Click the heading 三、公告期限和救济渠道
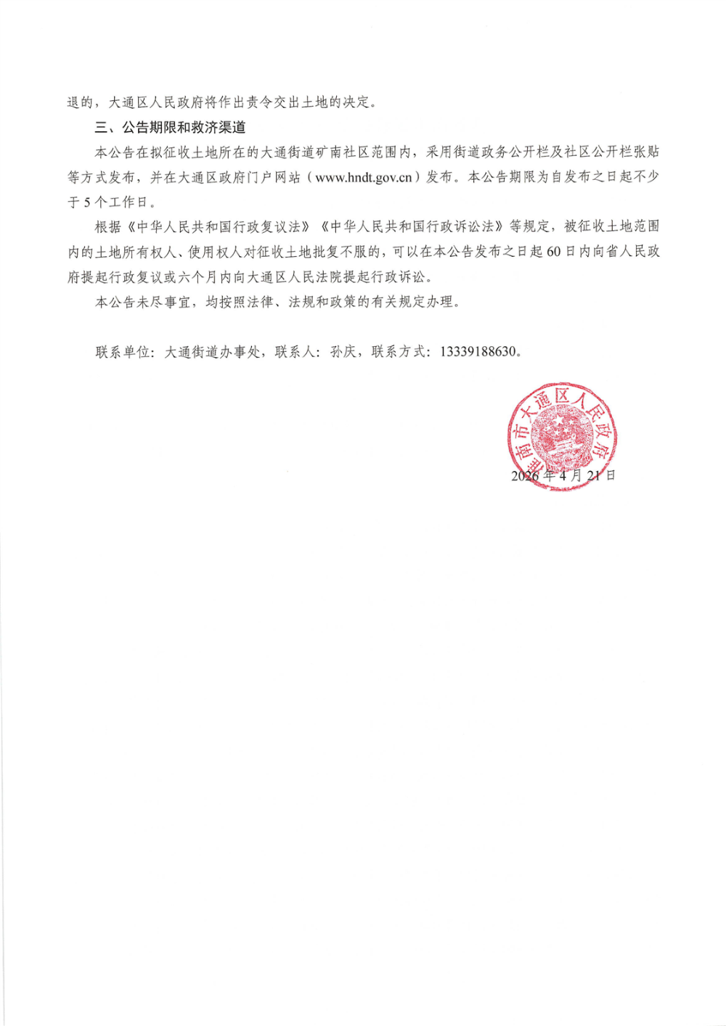coord(170,128)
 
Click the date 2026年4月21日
coord(563,476)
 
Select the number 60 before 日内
coord(554,252)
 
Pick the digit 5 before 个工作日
coord(87,202)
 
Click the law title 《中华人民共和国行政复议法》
coord(219,227)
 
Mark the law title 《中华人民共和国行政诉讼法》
coord(412,227)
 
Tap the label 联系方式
coord(399,352)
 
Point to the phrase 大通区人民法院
coord(301,277)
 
